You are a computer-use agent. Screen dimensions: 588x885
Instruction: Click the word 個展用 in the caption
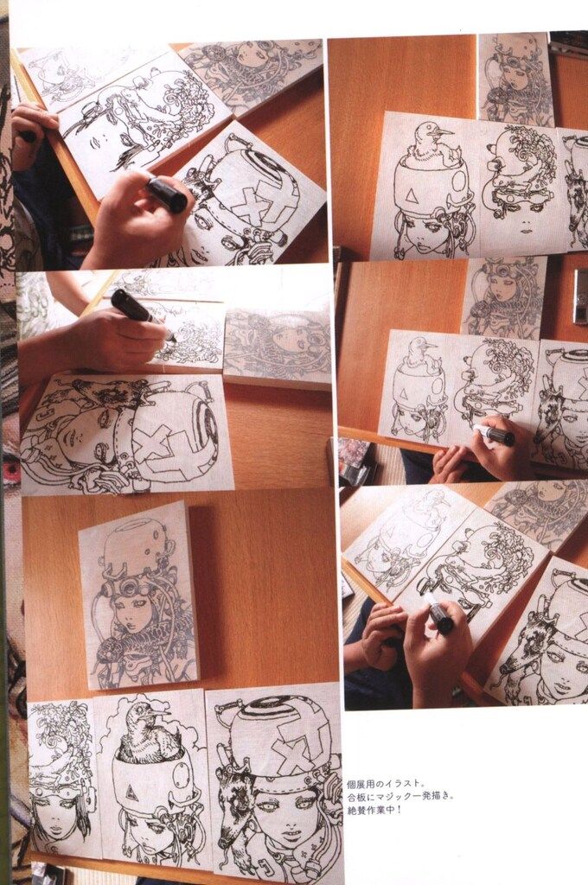tap(358, 784)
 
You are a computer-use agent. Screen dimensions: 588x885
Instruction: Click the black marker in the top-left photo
tap(167, 194)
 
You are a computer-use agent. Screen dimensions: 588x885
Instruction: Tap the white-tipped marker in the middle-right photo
tap(494, 434)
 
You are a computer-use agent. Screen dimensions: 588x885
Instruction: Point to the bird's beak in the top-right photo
tap(444, 133)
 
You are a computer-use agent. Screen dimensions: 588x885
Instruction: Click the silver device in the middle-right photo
tap(580, 296)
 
